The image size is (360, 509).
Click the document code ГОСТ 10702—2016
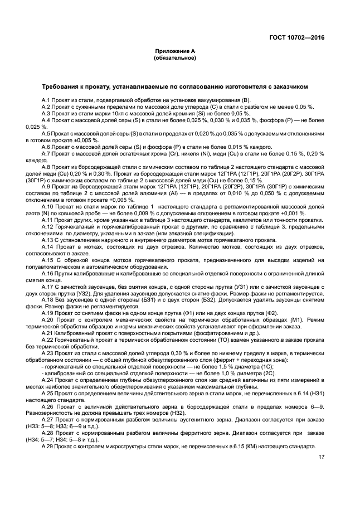[298, 38]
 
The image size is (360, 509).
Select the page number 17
[321, 457]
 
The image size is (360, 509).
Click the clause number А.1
[46, 100]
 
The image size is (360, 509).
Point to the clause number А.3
[46, 113]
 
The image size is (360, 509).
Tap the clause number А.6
[46, 147]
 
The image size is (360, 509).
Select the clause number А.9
[46, 187]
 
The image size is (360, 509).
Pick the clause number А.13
[48, 240]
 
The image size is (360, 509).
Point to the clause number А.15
[48, 260]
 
